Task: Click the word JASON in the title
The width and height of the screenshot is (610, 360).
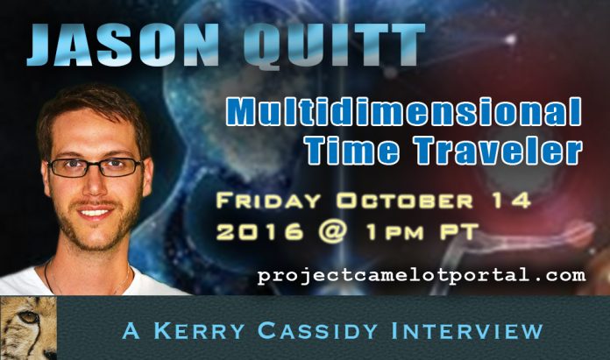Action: (x=123, y=45)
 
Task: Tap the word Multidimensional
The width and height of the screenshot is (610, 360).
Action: (x=403, y=111)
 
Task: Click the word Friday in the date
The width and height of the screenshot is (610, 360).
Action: (x=268, y=201)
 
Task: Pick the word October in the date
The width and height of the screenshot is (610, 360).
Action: (x=405, y=201)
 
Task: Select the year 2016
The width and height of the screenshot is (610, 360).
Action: (x=259, y=231)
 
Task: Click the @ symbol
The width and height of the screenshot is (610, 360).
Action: (x=332, y=232)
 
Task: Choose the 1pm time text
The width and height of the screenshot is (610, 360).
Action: (x=394, y=232)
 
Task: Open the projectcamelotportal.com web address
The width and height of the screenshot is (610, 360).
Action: (x=422, y=276)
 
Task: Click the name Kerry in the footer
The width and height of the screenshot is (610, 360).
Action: (x=199, y=331)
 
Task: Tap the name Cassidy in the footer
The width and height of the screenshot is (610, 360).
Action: (x=317, y=331)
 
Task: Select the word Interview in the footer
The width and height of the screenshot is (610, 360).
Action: (x=467, y=331)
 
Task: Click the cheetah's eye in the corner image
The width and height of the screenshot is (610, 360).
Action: (x=30, y=317)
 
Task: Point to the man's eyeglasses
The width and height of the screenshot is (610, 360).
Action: (x=95, y=167)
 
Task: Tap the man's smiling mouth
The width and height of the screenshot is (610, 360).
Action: (x=95, y=213)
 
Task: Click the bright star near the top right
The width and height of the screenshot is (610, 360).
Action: (x=510, y=39)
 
